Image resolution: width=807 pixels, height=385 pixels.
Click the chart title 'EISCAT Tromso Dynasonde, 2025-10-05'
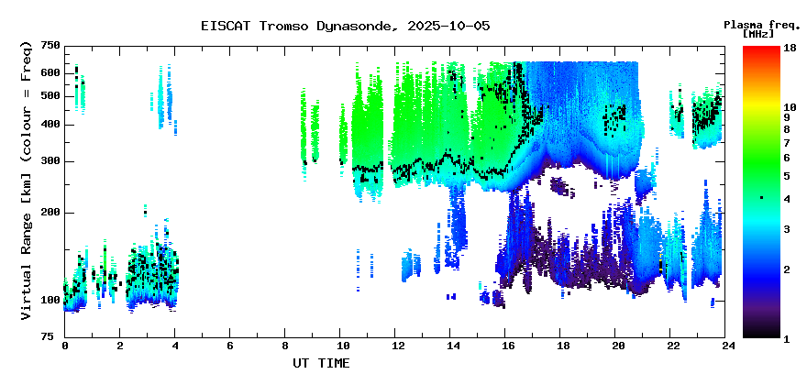point(346,26)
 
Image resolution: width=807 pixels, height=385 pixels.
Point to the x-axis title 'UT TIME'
point(321,363)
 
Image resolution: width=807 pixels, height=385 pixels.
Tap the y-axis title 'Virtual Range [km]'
point(27,242)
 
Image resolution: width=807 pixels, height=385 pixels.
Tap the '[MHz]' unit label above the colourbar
point(758,34)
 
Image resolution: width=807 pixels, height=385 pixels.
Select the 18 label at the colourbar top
point(790,48)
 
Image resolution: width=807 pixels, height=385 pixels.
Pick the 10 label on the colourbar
point(790,107)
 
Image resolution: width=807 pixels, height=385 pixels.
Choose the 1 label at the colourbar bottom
point(787,339)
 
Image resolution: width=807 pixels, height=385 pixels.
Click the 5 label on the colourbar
point(787,176)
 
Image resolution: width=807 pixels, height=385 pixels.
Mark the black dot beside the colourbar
point(762,198)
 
